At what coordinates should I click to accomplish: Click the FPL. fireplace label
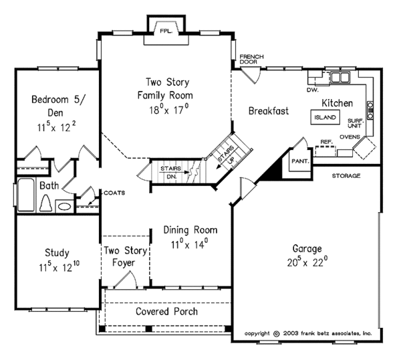(163, 30)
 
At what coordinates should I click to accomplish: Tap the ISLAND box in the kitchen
(324, 117)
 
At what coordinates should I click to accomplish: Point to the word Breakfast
(268, 111)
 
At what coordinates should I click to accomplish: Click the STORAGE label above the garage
(346, 175)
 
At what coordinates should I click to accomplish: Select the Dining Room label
(190, 230)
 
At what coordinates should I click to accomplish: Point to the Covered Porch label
(166, 312)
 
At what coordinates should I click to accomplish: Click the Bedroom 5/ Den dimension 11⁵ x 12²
(57, 125)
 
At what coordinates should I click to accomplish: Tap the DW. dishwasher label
(311, 89)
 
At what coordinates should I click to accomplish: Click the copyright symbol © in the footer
(276, 333)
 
